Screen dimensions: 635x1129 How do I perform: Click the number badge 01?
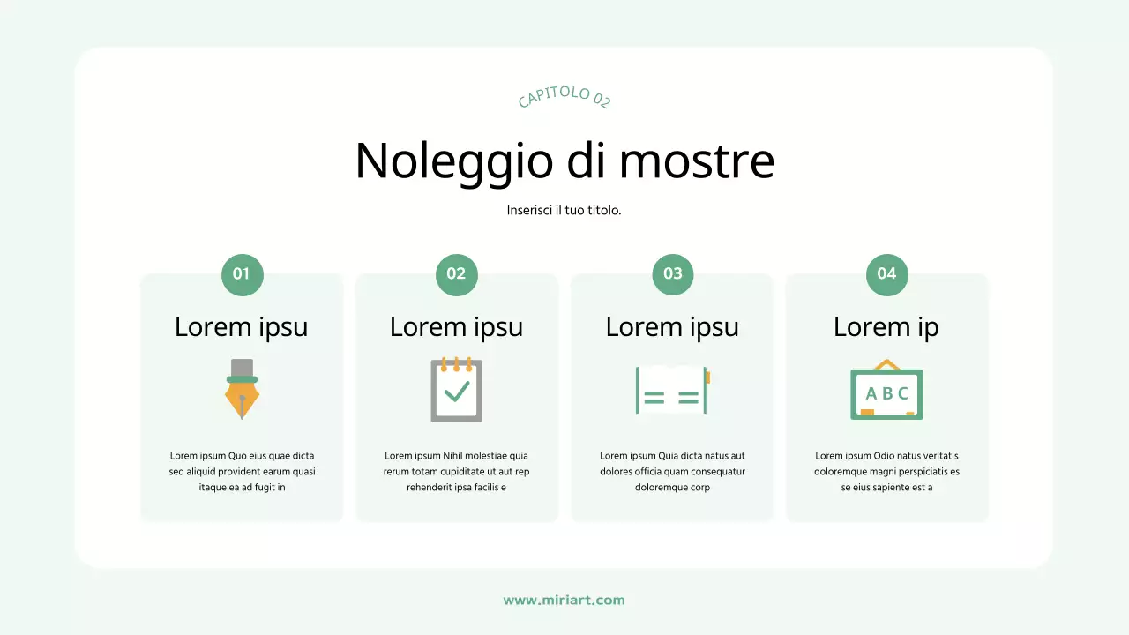pos(242,274)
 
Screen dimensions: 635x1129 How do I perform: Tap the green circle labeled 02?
pos(456,274)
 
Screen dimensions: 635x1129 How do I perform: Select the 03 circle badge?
pos(672,274)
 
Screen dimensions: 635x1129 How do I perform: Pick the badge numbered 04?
pos(886,274)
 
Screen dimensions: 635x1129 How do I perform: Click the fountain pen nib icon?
pos(242,389)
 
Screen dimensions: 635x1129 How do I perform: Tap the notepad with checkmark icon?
pos(456,389)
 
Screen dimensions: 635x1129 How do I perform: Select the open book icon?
pos(672,389)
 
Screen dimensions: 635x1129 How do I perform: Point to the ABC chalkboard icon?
pos(886,391)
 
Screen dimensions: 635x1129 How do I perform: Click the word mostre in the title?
pos(696,161)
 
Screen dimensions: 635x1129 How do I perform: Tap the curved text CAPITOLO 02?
pos(564,98)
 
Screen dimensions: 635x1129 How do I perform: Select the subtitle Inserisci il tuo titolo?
pos(564,211)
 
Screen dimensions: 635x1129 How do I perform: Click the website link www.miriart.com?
pos(564,601)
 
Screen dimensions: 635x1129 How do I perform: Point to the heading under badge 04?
pos(886,327)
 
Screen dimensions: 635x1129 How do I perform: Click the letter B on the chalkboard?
pos(886,393)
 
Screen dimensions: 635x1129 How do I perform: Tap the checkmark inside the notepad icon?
pos(457,391)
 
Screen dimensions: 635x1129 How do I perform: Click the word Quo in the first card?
pos(238,456)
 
